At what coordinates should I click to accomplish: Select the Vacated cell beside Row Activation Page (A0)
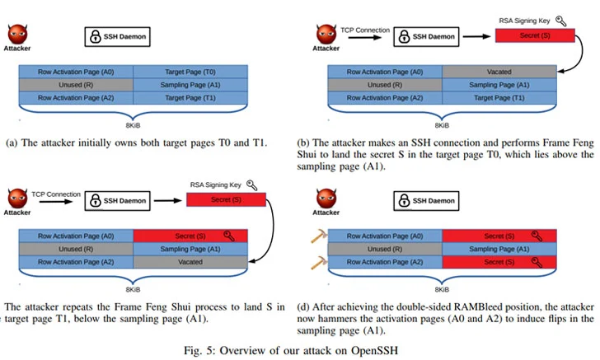(499, 72)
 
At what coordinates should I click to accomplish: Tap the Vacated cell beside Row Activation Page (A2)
(190, 262)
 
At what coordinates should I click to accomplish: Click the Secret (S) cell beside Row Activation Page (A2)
(499, 262)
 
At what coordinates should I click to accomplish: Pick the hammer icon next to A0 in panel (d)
(317, 237)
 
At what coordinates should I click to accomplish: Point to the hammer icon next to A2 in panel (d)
(317, 263)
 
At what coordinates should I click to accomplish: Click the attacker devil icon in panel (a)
(17, 35)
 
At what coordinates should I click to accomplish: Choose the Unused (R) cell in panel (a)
(76, 85)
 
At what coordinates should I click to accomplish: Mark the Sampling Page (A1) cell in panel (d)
(499, 250)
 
